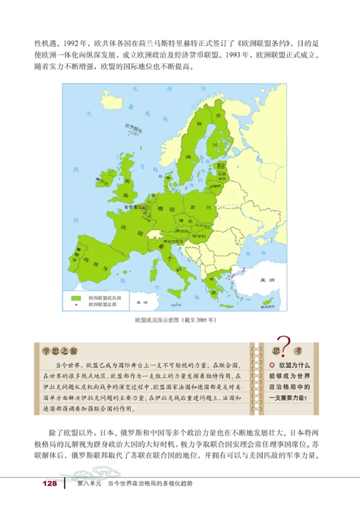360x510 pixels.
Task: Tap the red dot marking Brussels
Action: coord(144,208)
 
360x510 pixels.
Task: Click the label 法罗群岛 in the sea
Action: coord(133,130)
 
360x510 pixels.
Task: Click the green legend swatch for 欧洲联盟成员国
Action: coord(76,298)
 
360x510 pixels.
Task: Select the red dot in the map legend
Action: coord(76,305)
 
